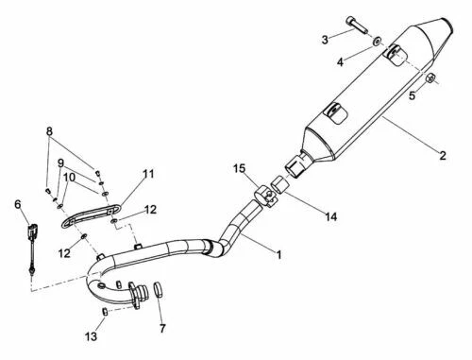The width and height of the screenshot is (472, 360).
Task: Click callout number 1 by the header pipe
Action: pos(279,253)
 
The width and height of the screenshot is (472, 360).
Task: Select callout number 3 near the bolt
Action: pos(325,40)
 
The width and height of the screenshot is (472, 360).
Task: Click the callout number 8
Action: pos(50,131)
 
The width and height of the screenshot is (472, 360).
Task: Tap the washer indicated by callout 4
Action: pos(378,43)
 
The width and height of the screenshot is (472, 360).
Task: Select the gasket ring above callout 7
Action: pos(160,290)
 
